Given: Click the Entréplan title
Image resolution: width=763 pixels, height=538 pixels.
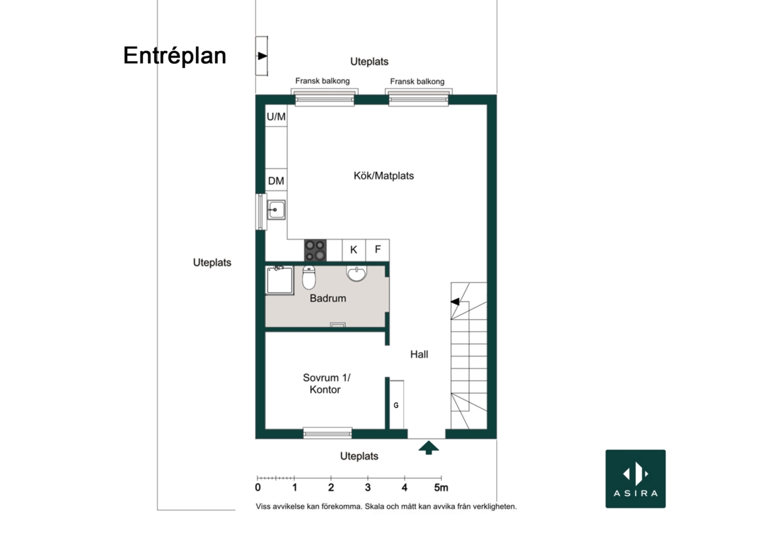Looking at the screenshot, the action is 175,56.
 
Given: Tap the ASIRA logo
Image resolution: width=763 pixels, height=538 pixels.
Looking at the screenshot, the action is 635,479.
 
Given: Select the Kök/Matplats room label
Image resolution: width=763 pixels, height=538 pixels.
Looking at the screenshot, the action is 384,175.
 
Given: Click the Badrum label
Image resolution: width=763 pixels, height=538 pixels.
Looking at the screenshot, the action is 328,298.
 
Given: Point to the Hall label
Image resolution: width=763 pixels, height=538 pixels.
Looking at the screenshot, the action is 419,354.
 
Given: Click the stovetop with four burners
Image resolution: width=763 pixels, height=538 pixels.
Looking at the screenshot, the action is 316,250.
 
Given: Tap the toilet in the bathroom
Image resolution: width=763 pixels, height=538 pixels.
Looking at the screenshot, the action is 309,277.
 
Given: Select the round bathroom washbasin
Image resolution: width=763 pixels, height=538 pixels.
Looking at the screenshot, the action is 357,273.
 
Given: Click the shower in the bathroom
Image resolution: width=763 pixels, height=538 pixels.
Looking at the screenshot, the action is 279,281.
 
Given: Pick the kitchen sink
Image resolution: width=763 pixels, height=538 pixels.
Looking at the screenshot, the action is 276,210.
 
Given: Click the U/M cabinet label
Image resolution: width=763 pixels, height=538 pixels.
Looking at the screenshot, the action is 276,117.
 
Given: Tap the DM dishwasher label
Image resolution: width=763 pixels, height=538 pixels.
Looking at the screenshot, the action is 276,181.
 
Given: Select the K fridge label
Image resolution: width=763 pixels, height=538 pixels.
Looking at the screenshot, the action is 354,250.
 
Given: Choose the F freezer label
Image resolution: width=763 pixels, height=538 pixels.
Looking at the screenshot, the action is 377,250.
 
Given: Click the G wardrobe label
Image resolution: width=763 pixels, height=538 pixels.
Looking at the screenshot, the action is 396,405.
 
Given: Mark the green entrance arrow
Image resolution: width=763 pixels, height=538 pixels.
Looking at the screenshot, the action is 429,447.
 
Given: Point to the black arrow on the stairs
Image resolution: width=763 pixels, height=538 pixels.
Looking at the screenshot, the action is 455,302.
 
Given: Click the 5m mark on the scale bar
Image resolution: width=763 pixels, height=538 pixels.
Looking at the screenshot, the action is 441,487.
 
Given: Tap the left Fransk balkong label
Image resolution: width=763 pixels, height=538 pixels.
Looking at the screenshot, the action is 322,80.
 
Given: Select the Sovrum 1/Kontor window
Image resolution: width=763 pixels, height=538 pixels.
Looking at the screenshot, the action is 327,433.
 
